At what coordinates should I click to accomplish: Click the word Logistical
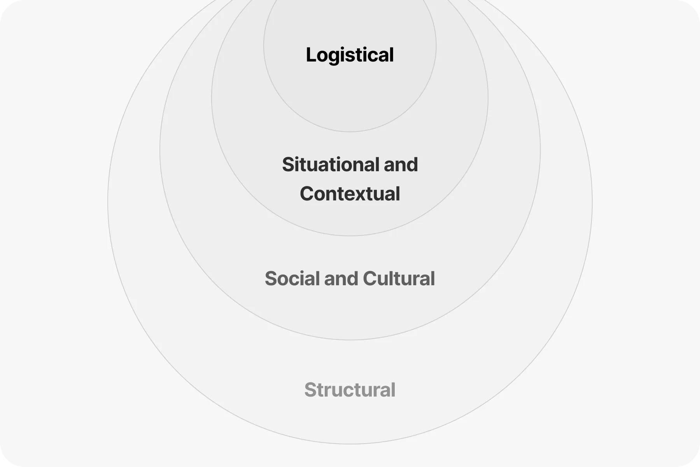(350, 55)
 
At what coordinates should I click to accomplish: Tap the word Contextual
(350, 194)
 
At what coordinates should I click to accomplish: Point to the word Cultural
(399, 279)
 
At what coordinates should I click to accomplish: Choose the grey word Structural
(350, 390)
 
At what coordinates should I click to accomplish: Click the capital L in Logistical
(311, 55)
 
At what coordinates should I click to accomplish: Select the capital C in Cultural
(370, 279)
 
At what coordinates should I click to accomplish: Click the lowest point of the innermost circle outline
(350, 132)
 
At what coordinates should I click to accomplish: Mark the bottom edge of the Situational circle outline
(350, 235)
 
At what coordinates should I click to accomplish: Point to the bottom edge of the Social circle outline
(350, 340)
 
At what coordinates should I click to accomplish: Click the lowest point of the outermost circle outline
(350, 444)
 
